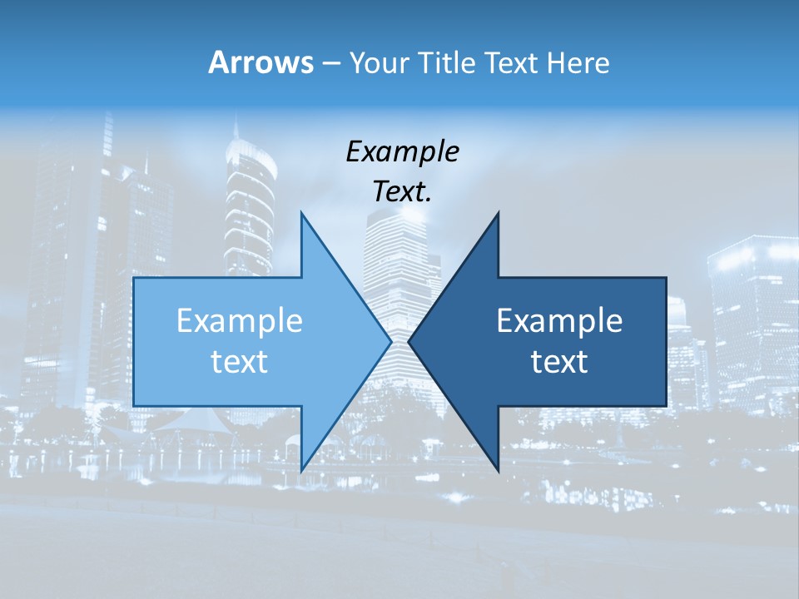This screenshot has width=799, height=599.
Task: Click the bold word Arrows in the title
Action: [x=261, y=62]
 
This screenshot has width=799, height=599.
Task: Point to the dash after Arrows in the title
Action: [x=330, y=63]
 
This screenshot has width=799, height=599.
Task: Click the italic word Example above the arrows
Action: [x=402, y=151]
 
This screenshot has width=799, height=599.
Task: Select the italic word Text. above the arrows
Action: [x=402, y=191]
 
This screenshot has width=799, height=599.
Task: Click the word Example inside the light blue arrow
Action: [x=239, y=320]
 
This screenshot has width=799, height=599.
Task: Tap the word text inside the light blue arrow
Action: [x=239, y=361]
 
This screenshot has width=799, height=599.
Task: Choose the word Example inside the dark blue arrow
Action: [x=559, y=320]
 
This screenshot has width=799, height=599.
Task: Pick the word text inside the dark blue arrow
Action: [x=559, y=361]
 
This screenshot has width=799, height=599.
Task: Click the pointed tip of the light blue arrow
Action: [x=390, y=341]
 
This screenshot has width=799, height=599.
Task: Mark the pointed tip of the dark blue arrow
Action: [x=409, y=341]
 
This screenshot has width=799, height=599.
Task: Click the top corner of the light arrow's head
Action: [x=301, y=213]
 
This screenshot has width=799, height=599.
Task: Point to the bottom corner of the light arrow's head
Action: [x=301, y=470]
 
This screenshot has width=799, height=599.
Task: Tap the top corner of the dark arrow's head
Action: [x=498, y=213]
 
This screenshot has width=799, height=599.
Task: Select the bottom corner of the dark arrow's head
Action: [x=498, y=470]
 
